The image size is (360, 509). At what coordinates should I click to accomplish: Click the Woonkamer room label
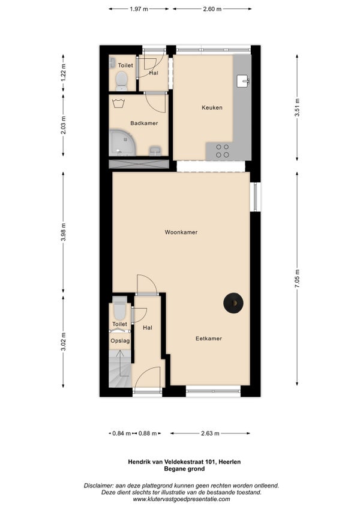point(181,232)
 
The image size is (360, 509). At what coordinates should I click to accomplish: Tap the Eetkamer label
point(208,339)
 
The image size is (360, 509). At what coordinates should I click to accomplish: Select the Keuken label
point(212,107)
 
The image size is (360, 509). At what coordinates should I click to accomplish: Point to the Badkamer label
point(144,123)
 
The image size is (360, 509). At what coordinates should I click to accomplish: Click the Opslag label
point(120,341)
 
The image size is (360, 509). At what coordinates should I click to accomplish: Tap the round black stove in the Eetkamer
point(233,303)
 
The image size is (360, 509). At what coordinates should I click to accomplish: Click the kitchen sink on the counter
point(243,81)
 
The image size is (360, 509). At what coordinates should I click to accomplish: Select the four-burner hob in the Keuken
point(223,151)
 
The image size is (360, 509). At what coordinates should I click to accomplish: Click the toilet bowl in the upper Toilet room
point(122,81)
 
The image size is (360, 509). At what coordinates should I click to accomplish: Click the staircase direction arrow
point(120,363)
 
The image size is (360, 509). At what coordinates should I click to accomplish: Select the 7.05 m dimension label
point(297,279)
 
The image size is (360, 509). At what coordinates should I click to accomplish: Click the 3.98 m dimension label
point(64,232)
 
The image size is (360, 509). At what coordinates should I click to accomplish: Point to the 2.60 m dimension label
point(212,9)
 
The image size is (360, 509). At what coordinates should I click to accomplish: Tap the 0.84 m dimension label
point(121,433)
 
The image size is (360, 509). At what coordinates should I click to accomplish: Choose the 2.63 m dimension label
point(210,433)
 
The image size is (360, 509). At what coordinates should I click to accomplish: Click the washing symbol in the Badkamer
point(118,104)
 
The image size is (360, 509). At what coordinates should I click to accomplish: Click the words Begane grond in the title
point(184,469)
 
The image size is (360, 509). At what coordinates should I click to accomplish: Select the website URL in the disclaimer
point(181,499)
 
